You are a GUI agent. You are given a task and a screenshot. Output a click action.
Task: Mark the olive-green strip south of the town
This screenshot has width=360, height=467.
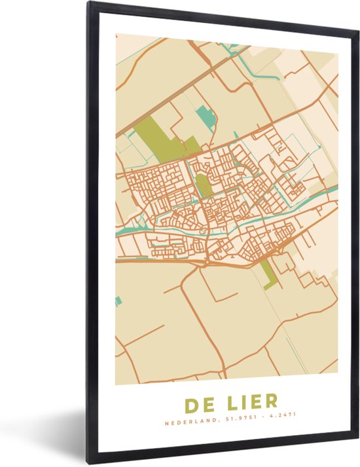pos(264,272)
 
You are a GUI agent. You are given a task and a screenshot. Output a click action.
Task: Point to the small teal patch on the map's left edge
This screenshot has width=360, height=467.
pos(118,301)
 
